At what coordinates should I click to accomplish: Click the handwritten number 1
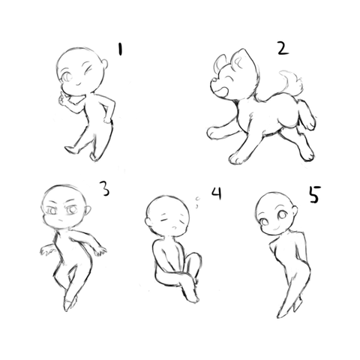coord(121,49)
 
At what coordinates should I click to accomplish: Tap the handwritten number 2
coord(283,48)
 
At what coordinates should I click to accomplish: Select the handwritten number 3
coord(105,188)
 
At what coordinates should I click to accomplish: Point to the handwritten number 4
coord(217,193)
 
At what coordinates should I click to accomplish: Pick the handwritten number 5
coord(315,194)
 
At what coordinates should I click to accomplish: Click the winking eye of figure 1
coord(88,70)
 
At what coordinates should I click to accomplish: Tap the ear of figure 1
coord(105,64)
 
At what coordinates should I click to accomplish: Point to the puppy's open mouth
coord(219,92)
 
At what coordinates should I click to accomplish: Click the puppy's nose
coord(214,80)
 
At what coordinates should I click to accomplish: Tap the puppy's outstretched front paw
coord(213,132)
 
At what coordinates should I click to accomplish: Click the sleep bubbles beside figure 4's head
coord(197,202)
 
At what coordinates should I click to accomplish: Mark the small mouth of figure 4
coord(175,228)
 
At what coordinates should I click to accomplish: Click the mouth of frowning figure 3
coord(60,220)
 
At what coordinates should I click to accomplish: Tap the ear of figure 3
coord(88,211)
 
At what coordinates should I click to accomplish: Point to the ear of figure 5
coord(295,211)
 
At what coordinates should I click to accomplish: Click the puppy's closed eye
coord(229,80)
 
